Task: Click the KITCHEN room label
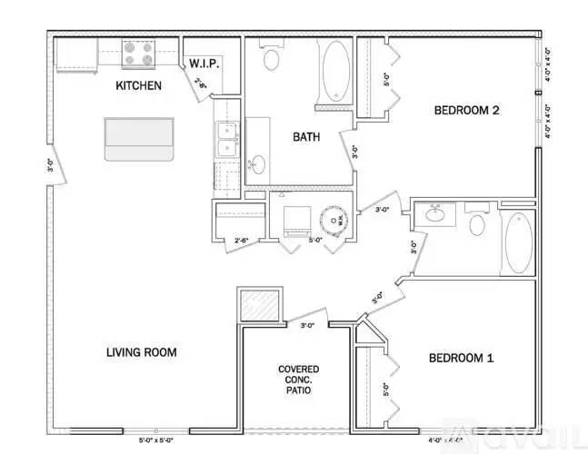click(x=138, y=86)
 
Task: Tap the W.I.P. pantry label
click(x=202, y=64)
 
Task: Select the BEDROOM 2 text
click(x=467, y=111)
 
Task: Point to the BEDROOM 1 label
click(x=461, y=358)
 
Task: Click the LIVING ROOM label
click(x=141, y=352)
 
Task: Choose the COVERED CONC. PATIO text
click(x=297, y=380)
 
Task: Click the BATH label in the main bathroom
click(x=305, y=138)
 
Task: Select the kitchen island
click(x=138, y=138)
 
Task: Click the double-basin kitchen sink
click(x=225, y=139)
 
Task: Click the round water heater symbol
click(x=334, y=219)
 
